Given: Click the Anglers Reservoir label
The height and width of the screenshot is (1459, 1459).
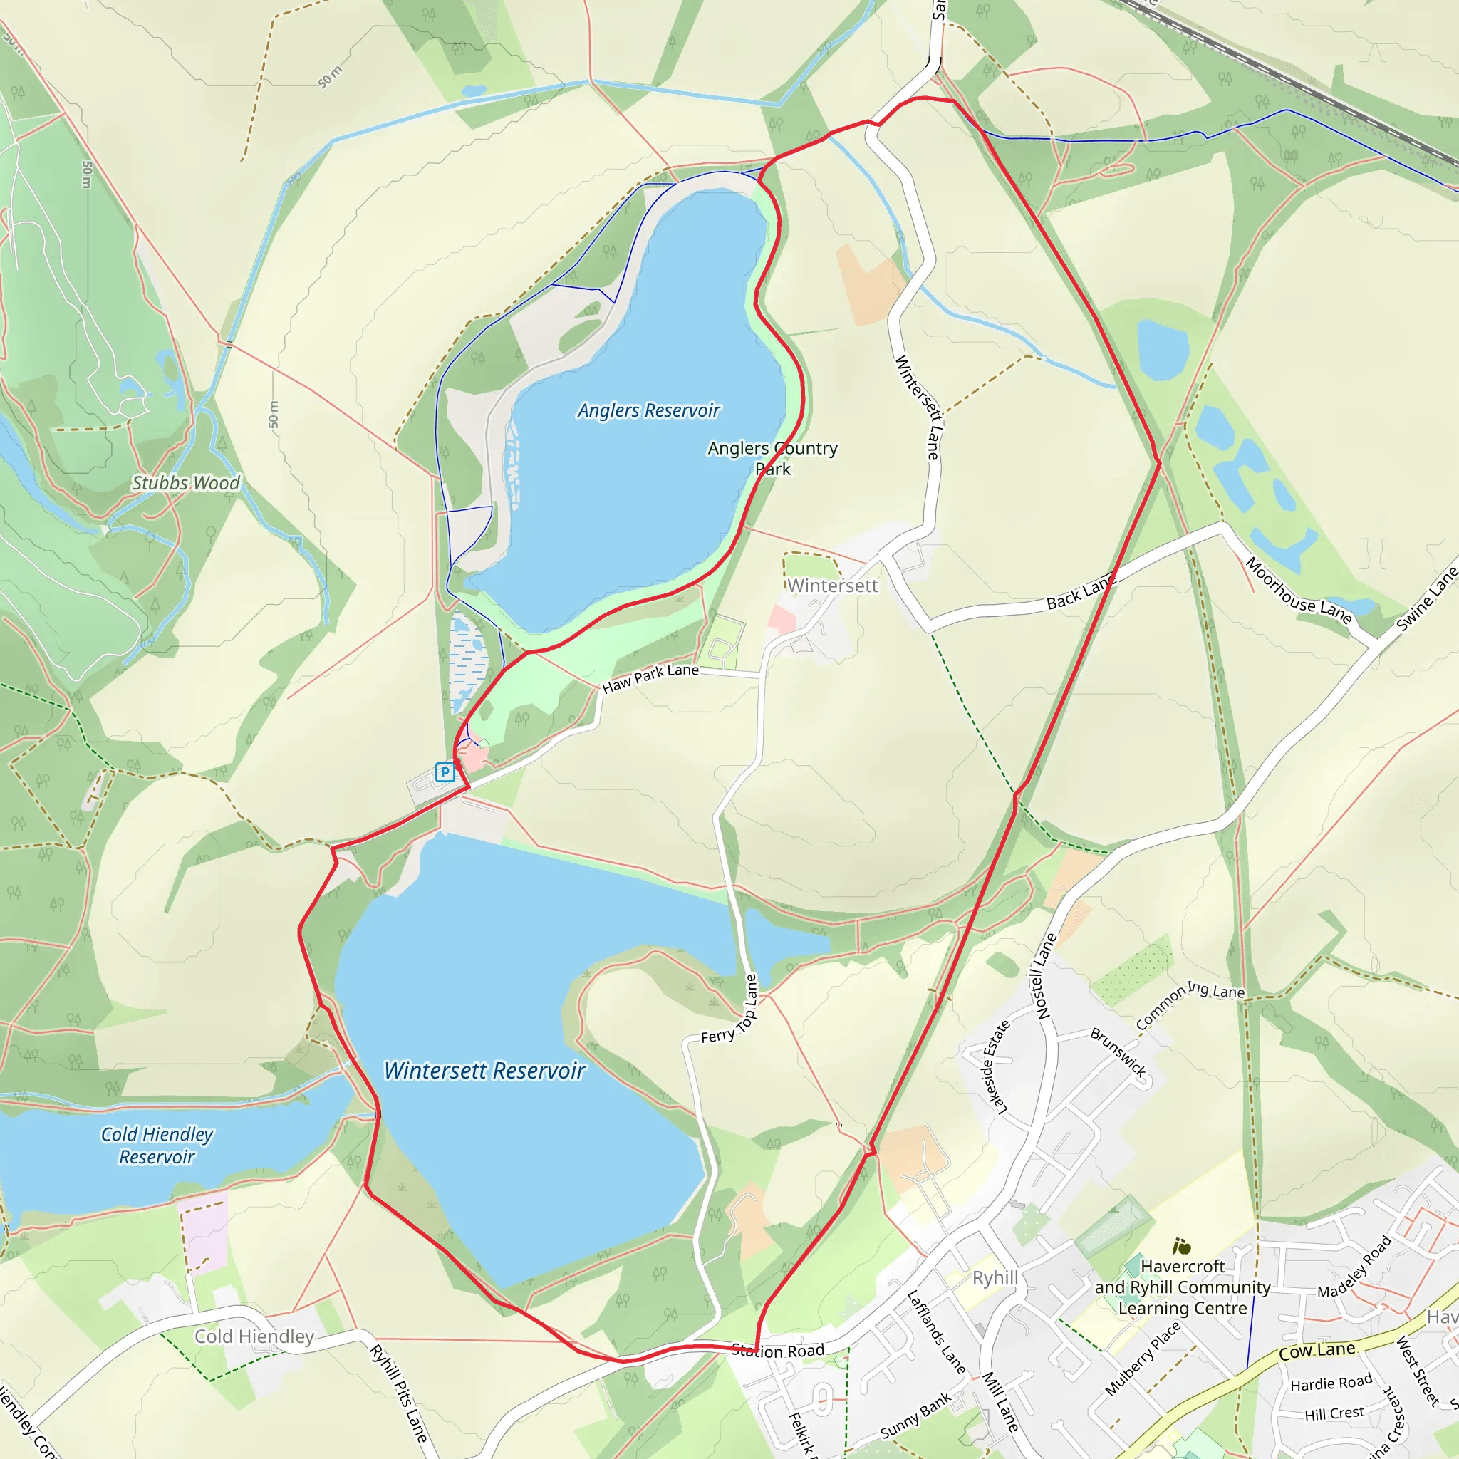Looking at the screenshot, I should pyautogui.click(x=649, y=411).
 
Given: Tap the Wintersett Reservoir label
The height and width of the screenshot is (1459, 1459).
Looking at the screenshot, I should pyautogui.click(x=485, y=1071).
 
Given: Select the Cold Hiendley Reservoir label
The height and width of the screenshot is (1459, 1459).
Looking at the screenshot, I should pyautogui.click(x=157, y=1146).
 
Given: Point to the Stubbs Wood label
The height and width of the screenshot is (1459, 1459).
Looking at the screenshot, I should pyautogui.click(x=186, y=483).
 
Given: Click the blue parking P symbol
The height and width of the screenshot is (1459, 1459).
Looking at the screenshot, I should pyautogui.click(x=445, y=772).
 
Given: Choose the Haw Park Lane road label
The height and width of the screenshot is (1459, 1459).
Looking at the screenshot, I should pyautogui.click(x=650, y=677).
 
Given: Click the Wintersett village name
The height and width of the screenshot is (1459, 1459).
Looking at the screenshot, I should pyautogui.click(x=832, y=586).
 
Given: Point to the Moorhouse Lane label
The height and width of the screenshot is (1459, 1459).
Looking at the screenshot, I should pyautogui.click(x=1298, y=590).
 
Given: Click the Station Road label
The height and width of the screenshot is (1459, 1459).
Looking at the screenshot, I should pyautogui.click(x=778, y=1351).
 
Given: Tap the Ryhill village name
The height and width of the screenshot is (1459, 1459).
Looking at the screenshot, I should pyautogui.click(x=995, y=1278).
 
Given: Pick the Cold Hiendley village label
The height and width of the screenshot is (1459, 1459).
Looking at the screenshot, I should pyautogui.click(x=254, y=1336).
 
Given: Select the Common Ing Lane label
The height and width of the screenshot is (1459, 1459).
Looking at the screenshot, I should pyautogui.click(x=1190, y=1004).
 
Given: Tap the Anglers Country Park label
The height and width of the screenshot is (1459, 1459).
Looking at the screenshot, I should pyautogui.click(x=772, y=458).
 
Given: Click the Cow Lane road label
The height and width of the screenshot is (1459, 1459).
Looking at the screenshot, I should pyautogui.click(x=1317, y=1351).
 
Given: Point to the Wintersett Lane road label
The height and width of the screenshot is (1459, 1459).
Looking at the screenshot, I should pyautogui.click(x=918, y=407).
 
